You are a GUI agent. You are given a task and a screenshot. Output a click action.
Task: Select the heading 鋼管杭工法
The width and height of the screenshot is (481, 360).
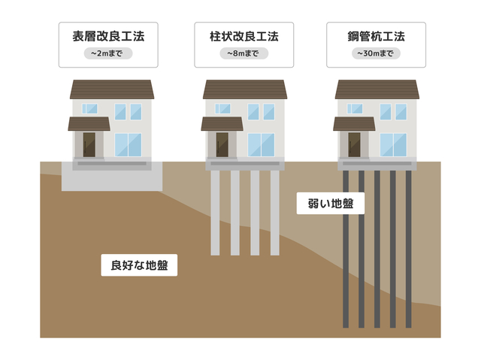coord(376,36)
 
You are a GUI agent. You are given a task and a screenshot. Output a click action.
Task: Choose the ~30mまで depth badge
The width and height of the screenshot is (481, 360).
coord(376,53)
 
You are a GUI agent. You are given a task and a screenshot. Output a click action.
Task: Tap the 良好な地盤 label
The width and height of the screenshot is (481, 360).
coord(139,265)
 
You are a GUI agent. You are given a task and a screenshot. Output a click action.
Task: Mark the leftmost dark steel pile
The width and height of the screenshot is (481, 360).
coord(346,248)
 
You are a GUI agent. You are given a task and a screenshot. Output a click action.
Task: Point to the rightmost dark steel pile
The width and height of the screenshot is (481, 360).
coord(408,248)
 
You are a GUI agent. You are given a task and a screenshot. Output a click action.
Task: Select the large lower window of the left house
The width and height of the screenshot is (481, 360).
coord(129,144)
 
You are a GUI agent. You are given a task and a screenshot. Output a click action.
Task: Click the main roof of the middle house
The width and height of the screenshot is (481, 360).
coord(244,89)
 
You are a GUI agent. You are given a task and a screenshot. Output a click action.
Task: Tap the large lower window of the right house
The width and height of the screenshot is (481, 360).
coord(393,144)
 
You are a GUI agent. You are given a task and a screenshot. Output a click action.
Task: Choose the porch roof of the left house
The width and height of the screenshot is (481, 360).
coord(89,123)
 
